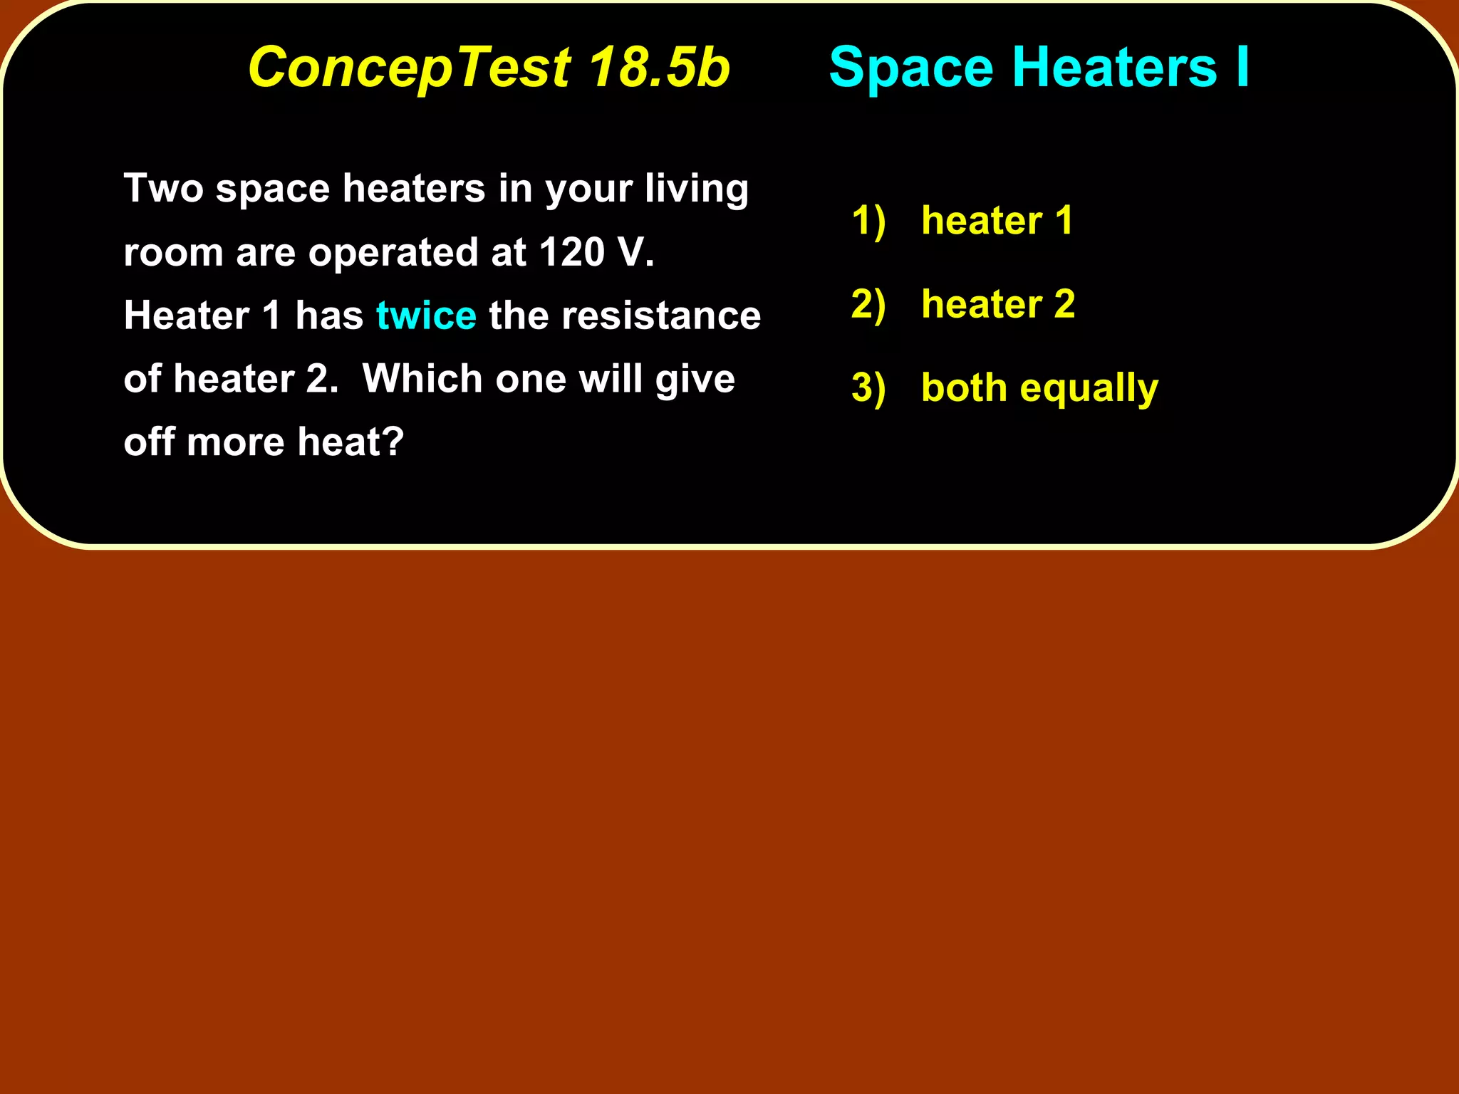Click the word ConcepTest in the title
[409, 68]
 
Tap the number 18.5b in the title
[660, 68]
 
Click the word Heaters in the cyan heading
[1114, 68]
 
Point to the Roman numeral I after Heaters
[1242, 68]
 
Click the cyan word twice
[426, 316]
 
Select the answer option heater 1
[997, 220]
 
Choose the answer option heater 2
[998, 304]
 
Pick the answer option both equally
[1039, 388]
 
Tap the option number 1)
[868, 220]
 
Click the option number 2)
[868, 304]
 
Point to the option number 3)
[868, 388]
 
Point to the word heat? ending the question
[351, 442]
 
